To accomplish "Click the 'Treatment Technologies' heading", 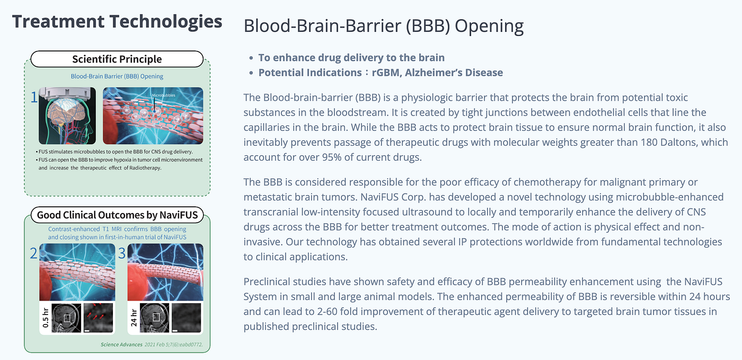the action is [x=117, y=22].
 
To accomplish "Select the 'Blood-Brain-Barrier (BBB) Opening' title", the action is [x=384, y=26].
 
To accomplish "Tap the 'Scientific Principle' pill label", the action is [x=117, y=59].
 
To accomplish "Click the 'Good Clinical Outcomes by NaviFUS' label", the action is [x=117, y=215].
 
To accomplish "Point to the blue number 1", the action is [x=34, y=98].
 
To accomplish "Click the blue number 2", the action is [x=33, y=253].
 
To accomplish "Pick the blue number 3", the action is [x=122, y=253].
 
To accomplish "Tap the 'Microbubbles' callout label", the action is [x=163, y=95].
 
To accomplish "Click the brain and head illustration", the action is [x=67, y=116].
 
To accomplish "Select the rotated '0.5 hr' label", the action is [x=46, y=318].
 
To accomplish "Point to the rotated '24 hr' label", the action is [x=134, y=318].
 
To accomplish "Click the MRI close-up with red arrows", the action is [x=99, y=318].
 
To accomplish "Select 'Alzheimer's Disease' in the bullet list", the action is [x=454, y=73].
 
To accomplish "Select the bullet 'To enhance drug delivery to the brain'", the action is [x=351, y=58].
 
